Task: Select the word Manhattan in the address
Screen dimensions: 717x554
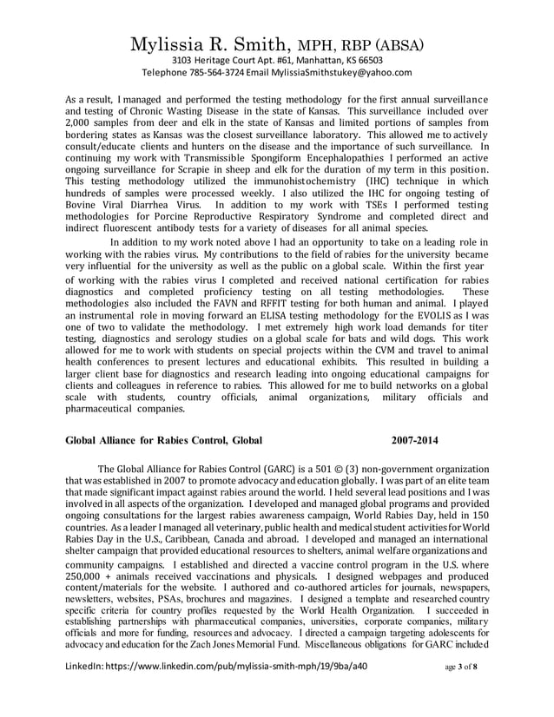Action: (287, 59)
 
